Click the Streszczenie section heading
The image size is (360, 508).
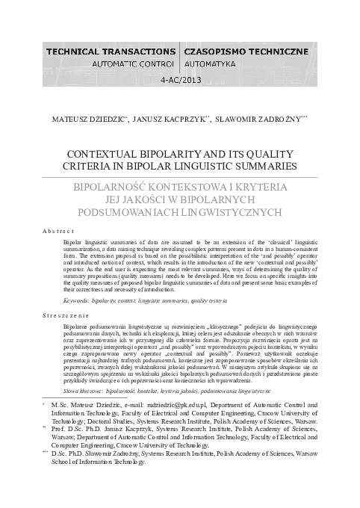pyautogui.click(x=68, y=316)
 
